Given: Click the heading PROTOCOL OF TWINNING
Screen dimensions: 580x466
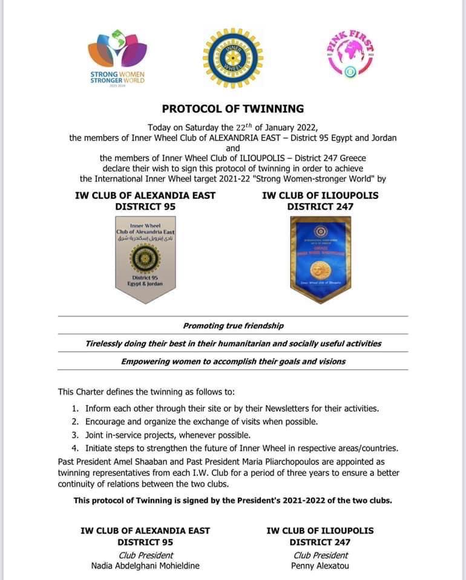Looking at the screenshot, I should click(x=233, y=109).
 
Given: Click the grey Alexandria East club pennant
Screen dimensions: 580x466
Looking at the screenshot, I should click(x=145, y=257).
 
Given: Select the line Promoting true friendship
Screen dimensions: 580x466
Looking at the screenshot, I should click(x=233, y=326).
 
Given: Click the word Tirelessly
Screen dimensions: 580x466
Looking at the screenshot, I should click(x=105, y=343).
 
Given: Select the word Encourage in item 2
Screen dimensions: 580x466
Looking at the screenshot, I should click(x=108, y=422).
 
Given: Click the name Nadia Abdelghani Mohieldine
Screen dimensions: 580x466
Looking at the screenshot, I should click(x=145, y=566).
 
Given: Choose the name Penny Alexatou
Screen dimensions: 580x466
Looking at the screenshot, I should click(x=320, y=566).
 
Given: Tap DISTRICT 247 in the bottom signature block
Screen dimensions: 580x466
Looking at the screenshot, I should click(x=320, y=543).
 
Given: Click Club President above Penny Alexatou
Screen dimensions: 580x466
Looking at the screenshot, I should click(x=320, y=555).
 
